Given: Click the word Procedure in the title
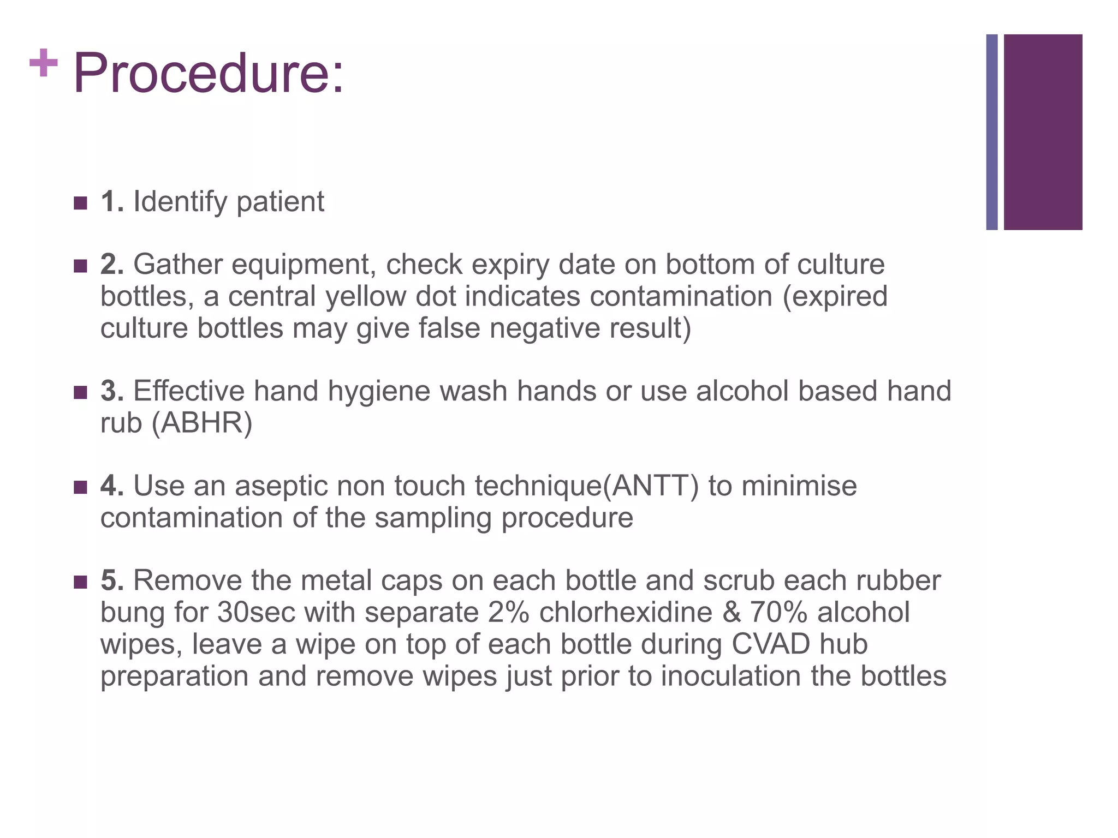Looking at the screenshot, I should pos(207,73).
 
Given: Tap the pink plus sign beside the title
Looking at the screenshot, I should pos(44,63).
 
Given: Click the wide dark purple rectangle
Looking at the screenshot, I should pos(1043,132).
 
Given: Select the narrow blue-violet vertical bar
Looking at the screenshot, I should pos(992,132).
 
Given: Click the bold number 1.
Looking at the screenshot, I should pos(112,201).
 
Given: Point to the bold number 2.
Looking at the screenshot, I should pos(112,265).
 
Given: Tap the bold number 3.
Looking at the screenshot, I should pos(112,391).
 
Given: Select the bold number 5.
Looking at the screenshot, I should pos(112,580).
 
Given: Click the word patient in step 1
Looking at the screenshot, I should pos(280,202).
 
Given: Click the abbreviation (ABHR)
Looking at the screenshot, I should pos(202,423).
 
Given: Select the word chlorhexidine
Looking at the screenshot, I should pos(626,612).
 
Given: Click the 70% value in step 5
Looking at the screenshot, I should pos(778,612).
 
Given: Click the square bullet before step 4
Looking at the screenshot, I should pos(80,487).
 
